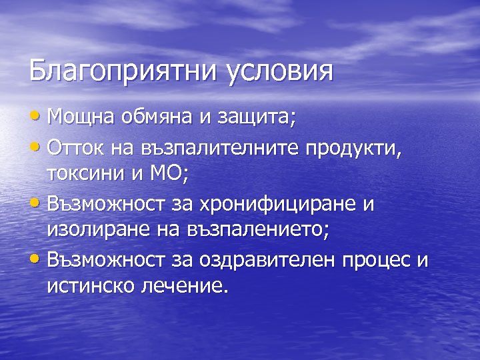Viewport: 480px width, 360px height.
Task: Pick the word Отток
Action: coord(71,147)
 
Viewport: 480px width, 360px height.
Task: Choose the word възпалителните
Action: coord(211,147)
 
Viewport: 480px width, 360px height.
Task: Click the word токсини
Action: coord(87,174)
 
